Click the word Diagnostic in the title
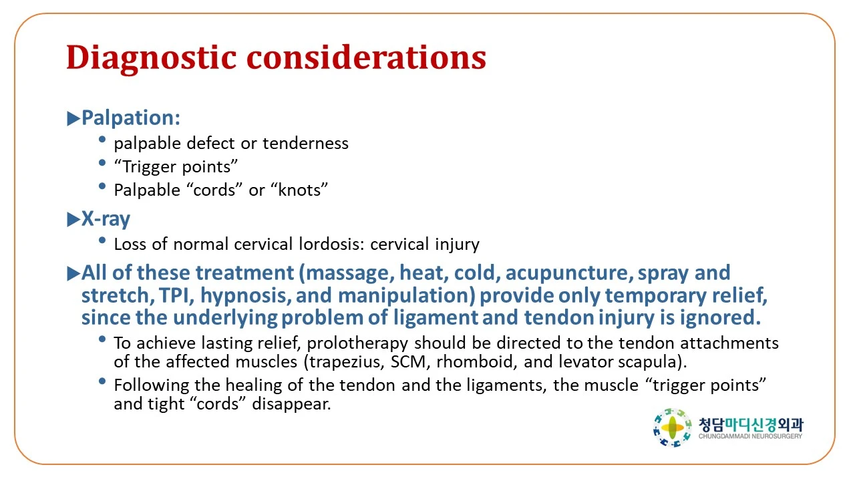[152, 58]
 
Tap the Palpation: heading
[131, 118]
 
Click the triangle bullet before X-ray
[73, 220]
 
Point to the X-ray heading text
[106, 219]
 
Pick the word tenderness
[305, 144]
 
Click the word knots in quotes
[301, 190]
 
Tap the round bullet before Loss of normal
[102, 240]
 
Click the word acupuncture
[567, 273]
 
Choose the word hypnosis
[246, 295]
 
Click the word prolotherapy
[357, 343]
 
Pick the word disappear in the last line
[291, 404]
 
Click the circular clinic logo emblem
[673, 428]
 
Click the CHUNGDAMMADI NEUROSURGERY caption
[750, 436]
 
